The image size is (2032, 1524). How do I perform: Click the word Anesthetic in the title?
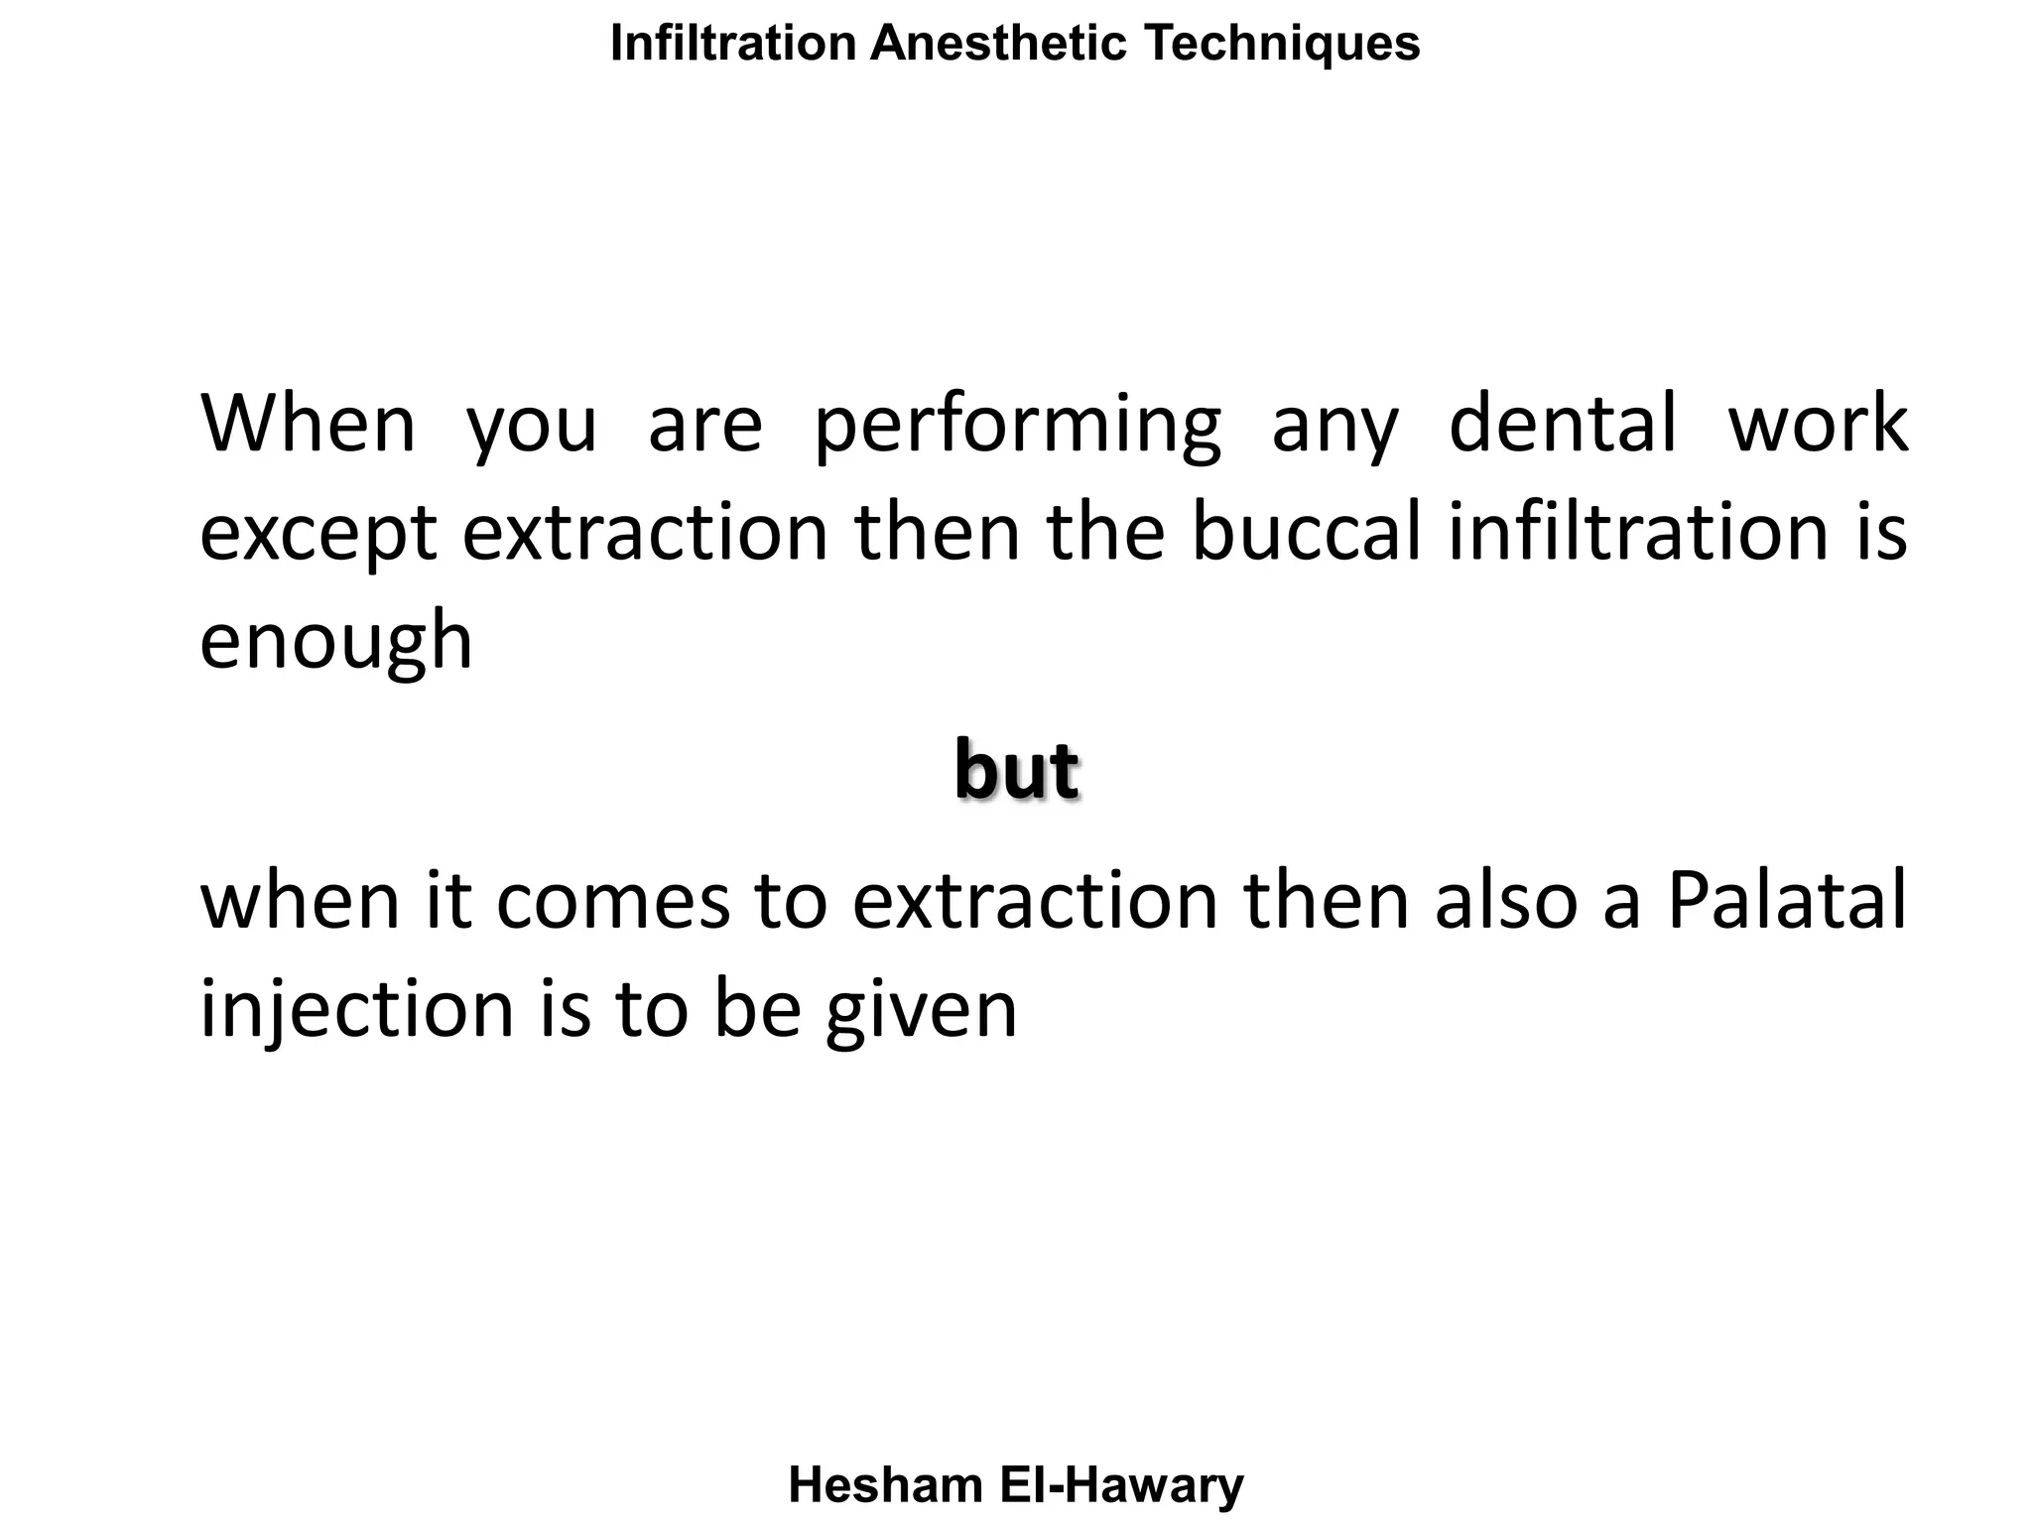coord(998,44)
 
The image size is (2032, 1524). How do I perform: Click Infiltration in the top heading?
coord(733,44)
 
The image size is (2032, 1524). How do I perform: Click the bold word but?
coord(1016,770)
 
